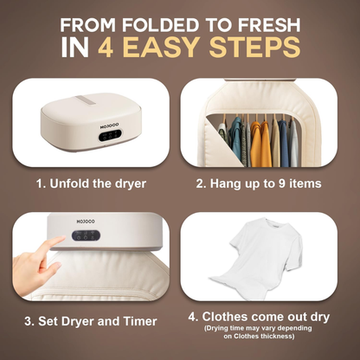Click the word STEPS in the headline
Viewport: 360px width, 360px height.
click(x=263, y=47)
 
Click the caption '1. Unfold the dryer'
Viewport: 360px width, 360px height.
click(x=91, y=183)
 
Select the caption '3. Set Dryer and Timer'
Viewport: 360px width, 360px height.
click(x=91, y=322)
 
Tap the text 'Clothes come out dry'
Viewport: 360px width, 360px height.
click(x=271, y=317)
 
